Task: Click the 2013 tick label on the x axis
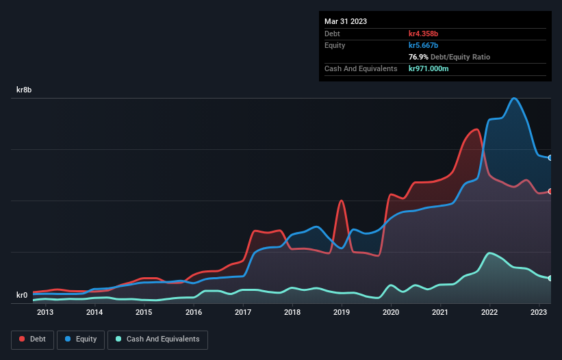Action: [x=45, y=313]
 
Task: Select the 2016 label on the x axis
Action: [x=194, y=313]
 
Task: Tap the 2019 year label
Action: [x=342, y=313]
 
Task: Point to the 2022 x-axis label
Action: [x=489, y=313]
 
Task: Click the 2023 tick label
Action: [x=539, y=313]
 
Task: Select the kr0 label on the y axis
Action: [x=22, y=296]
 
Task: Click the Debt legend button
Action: [x=32, y=339]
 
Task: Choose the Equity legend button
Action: [x=81, y=339]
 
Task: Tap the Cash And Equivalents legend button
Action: [x=157, y=339]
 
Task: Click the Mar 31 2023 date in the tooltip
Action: [x=346, y=21]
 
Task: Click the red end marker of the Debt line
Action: [x=550, y=191]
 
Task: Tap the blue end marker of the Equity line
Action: [x=550, y=158]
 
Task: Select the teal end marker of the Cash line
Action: [x=550, y=278]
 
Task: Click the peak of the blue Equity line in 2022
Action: [x=513, y=99]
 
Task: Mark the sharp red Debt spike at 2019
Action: [x=341, y=201]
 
